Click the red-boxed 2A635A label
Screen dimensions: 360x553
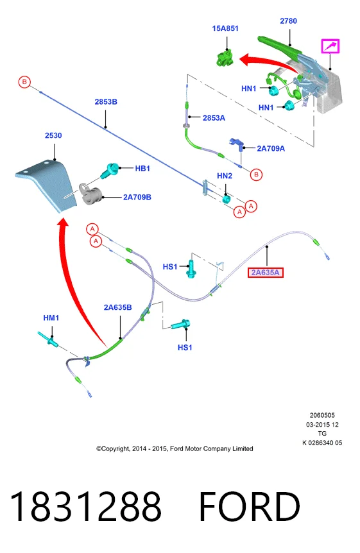pos(266,273)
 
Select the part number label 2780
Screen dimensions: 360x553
pos(288,21)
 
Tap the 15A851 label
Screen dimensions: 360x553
pos(225,28)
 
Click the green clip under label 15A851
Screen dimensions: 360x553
pos(225,58)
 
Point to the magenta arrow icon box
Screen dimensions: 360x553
pos(330,46)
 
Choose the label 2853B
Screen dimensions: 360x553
pos(106,102)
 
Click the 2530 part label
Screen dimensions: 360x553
pos(53,135)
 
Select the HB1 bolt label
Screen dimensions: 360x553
pos(142,169)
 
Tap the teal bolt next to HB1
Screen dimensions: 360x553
pos(110,170)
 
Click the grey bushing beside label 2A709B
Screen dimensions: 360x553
pos(90,194)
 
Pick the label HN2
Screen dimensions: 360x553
pos(225,176)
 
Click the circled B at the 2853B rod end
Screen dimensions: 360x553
pos(24,82)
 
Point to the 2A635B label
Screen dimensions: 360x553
pos(118,307)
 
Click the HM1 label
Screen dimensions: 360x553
pos(51,318)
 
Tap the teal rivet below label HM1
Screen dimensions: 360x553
pos(48,339)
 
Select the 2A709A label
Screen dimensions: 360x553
pos(271,149)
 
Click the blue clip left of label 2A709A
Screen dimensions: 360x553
pos(237,144)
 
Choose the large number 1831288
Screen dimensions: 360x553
pos(86,506)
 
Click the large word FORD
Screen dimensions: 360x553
pos(250,506)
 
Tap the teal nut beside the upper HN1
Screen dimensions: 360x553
pos(273,90)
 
